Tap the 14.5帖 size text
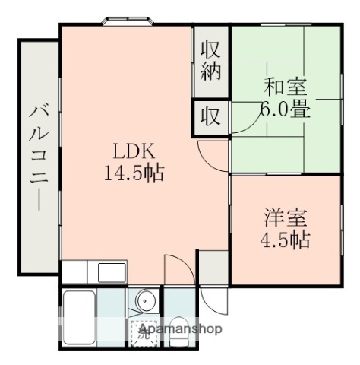point(134,172)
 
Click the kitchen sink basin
point(106,271)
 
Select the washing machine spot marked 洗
point(142,332)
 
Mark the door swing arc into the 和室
point(243,122)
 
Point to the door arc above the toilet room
point(176,266)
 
